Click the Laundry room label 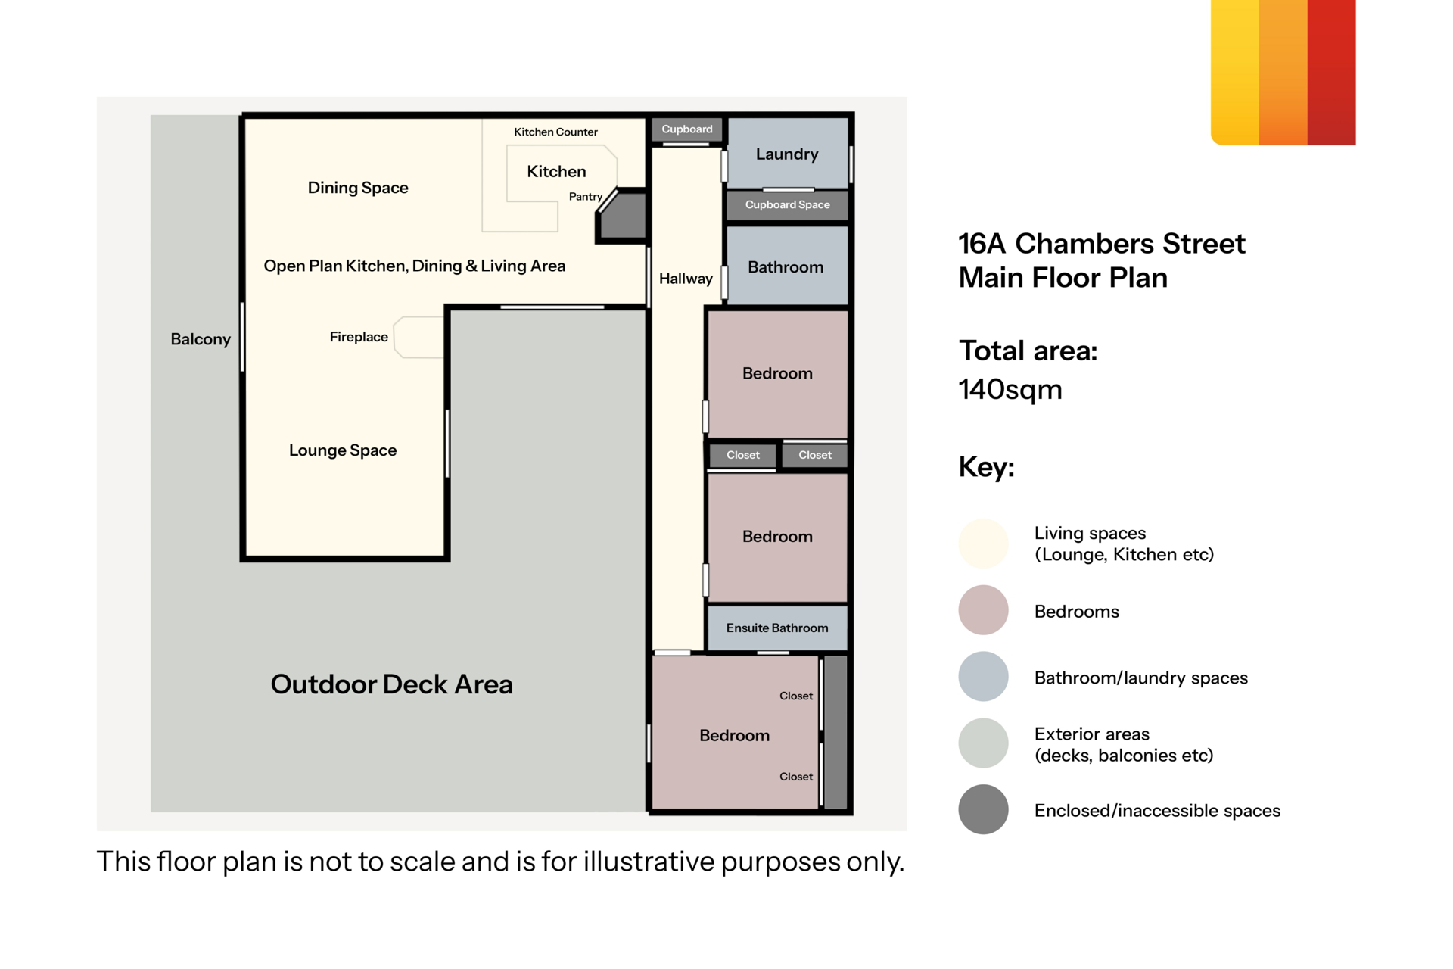(787, 154)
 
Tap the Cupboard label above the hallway (687, 129)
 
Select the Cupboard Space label (787, 205)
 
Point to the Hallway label (686, 279)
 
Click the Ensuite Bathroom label (777, 628)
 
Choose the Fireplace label (359, 337)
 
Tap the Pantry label (586, 197)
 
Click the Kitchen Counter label (555, 132)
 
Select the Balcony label (201, 339)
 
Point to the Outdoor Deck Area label (392, 684)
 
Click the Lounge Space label (343, 450)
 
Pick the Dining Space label (358, 188)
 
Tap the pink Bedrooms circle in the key (983, 610)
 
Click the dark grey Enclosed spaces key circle (983, 809)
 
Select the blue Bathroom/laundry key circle (983, 677)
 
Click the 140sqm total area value (1010, 390)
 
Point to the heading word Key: (986, 467)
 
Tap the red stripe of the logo (1331, 72)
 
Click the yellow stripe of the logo (1235, 72)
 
